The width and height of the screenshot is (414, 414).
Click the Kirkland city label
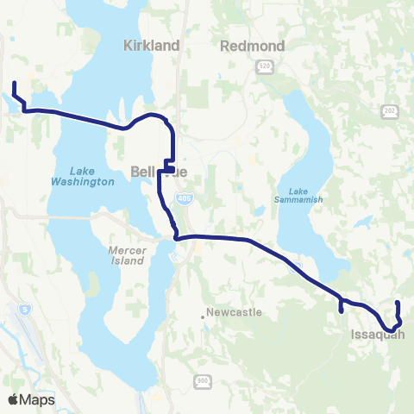pyautogui.click(x=151, y=45)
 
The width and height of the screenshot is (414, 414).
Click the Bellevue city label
pyautogui.click(x=155, y=172)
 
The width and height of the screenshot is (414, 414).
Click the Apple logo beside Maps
pyautogui.click(x=14, y=399)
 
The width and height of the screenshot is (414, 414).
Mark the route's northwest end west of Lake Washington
pyautogui.click(x=14, y=84)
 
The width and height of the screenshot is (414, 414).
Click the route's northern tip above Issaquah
pyautogui.click(x=397, y=303)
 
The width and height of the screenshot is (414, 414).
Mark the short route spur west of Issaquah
pyautogui.click(x=342, y=309)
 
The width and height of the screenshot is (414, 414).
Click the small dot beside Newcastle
pyautogui.click(x=204, y=316)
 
